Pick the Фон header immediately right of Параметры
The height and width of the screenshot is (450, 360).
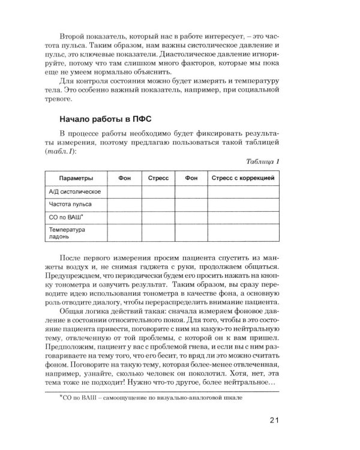[x=124, y=178]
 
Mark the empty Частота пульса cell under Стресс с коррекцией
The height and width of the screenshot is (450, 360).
[x=243, y=205]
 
